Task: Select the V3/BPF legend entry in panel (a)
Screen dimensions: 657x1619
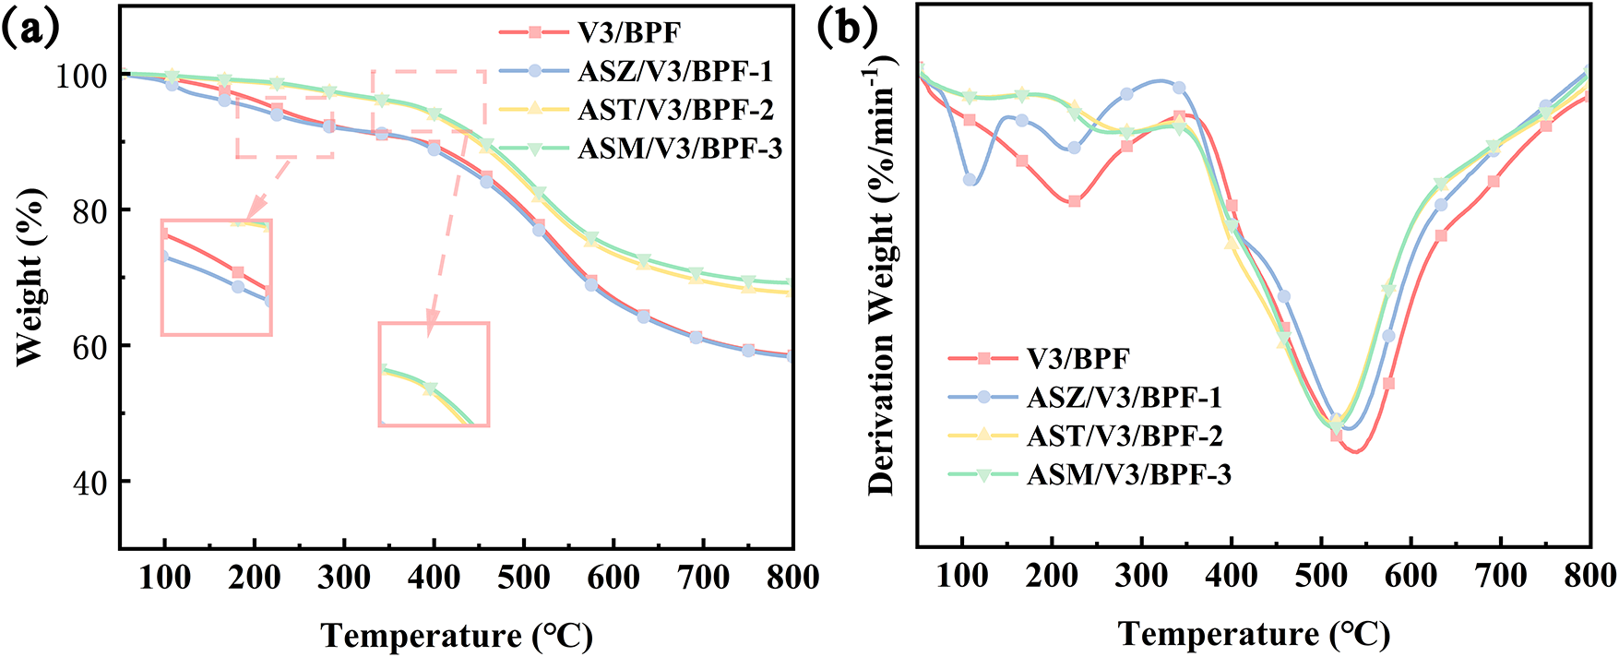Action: click(x=629, y=33)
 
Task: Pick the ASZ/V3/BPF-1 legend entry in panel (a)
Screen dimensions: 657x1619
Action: click(x=675, y=71)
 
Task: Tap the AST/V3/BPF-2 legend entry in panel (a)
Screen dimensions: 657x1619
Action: click(x=675, y=110)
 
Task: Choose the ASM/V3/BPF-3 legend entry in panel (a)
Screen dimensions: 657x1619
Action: click(x=680, y=149)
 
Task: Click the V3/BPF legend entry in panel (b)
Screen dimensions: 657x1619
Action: click(x=1077, y=358)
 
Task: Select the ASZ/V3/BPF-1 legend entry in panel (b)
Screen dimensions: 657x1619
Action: click(x=1124, y=397)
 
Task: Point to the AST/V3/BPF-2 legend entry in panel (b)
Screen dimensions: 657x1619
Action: click(x=1124, y=436)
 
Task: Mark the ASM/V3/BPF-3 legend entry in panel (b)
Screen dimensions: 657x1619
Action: click(x=1128, y=474)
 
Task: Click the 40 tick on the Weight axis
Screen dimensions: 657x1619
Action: click(x=91, y=482)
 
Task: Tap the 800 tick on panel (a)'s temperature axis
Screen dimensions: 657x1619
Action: click(x=792, y=579)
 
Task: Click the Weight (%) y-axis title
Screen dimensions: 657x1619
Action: click(x=30, y=277)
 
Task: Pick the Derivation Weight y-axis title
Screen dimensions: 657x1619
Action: click(x=881, y=277)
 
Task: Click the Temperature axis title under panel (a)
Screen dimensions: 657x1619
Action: click(x=457, y=636)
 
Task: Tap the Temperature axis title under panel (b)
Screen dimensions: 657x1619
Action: click(x=1254, y=634)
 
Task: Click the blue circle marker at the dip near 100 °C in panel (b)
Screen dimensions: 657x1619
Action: click(x=970, y=180)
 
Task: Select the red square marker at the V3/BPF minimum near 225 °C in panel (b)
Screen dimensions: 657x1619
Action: click(x=1075, y=201)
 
